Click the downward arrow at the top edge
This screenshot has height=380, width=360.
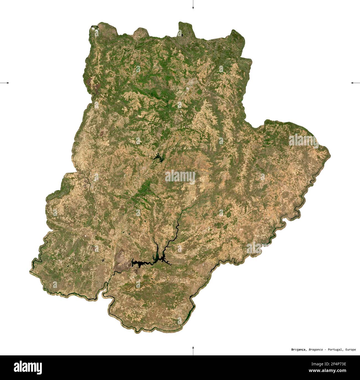tap(193, 5)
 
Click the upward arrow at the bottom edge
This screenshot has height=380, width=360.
tap(193, 350)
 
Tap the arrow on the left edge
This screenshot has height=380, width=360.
tap(5, 83)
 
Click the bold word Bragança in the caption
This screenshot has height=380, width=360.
tap(299, 350)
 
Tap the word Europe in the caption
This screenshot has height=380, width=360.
tap(350, 350)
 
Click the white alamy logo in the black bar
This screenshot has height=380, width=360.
tap(28, 367)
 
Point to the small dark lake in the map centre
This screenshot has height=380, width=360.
tap(158, 158)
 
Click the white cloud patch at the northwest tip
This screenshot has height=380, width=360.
tap(94, 27)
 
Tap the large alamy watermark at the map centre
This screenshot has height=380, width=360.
tap(180, 176)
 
